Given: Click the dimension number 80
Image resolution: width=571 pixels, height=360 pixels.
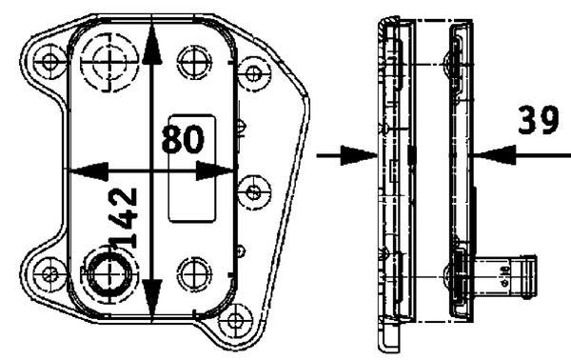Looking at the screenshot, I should click(x=182, y=138).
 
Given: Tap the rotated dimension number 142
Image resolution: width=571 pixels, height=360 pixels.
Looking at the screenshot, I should click(x=123, y=218).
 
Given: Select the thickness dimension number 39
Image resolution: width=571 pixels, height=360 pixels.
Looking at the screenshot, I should click(x=539, y=121).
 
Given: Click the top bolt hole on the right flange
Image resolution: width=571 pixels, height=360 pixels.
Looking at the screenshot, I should click(x=254, y=71).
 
